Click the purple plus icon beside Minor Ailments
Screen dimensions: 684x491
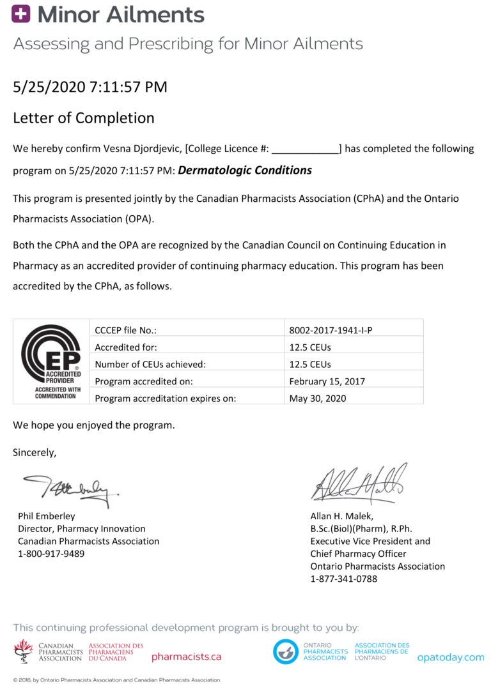[x=21, y=15]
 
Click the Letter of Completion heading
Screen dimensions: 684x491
[x=84, y=118]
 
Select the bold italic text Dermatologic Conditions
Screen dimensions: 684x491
[x=245, y=171]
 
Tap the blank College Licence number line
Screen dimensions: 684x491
[x=306, y=149]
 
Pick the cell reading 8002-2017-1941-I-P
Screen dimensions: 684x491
[x=331, y=330]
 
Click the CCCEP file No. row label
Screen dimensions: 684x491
[x=126, y=330]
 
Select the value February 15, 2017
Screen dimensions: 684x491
[x=327, y=381]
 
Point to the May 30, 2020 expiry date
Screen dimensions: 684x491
[x=318, y=398]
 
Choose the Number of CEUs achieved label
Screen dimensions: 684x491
[x=150, y=364]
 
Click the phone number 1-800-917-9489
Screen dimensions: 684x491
[x=51, y=554]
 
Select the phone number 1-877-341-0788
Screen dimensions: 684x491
[x=344, y=579]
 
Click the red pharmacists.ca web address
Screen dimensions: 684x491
[x=186, y=657]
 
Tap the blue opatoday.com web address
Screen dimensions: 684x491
[x=450, y=657]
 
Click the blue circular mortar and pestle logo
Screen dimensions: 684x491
[x=285, y=651]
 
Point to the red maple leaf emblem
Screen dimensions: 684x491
[x=24, y=650]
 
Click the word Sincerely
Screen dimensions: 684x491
[x=35, y=452]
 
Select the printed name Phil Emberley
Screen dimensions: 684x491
[x=46, y=516]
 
